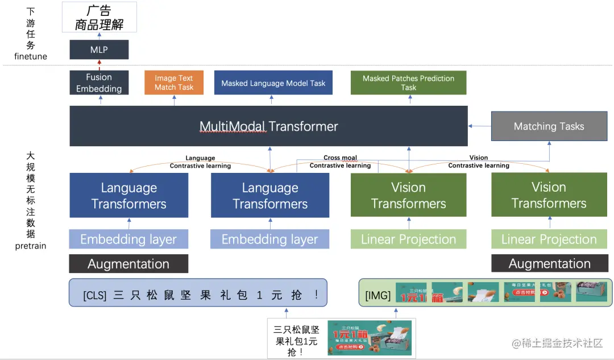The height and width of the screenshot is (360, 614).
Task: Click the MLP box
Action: (99, 50)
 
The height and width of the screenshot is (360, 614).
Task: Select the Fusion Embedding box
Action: (99, 83)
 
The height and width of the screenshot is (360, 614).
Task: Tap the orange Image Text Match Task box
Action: (174, 83)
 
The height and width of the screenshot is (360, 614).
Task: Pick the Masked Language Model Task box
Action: (273, 83)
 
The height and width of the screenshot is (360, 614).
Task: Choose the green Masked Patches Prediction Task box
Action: (408, 83)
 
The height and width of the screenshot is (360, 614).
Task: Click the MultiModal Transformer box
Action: (268, 126)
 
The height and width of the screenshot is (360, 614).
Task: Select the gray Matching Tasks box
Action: (549, 126)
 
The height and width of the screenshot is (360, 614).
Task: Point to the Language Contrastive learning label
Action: (200, 162)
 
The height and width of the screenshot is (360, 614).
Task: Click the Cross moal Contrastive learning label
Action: (340, 162)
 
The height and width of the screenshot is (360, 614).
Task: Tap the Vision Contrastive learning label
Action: (479, 162)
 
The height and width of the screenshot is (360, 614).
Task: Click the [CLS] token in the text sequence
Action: (94, 296)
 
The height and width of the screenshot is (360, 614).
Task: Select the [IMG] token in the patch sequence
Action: (377, 296)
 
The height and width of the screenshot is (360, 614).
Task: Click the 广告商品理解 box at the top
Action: (99, 17)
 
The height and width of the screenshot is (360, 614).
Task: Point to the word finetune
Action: (31, 56)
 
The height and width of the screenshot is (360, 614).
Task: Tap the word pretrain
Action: (31, 246)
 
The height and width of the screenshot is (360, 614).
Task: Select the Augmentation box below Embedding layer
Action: (128, 264)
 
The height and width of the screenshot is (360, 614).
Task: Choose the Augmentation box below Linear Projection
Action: (549, 264)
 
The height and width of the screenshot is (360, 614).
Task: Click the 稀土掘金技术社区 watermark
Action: (557, 343)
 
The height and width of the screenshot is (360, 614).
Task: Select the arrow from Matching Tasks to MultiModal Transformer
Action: (479, 126)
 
